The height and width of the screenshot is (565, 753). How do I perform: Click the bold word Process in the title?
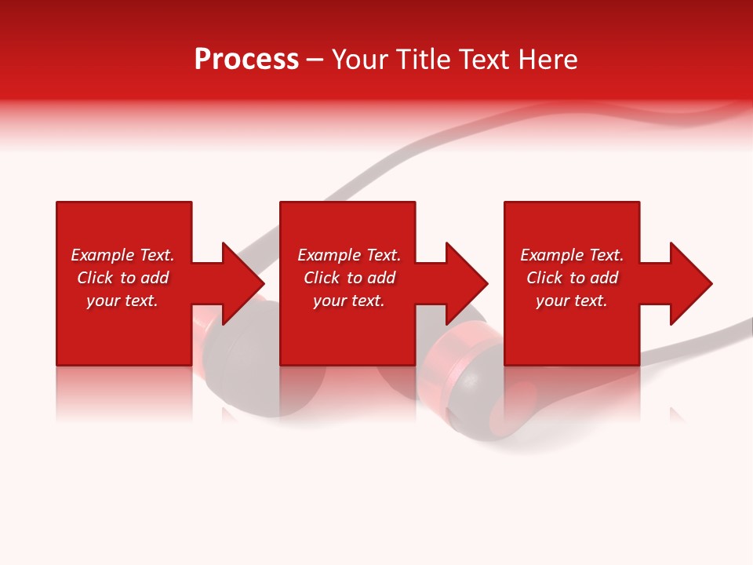pos(246,60)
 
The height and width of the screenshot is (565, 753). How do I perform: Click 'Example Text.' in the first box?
pos(122,255)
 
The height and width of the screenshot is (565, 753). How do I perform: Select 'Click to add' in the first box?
pos(122,278)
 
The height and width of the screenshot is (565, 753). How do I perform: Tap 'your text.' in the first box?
pos(122,301)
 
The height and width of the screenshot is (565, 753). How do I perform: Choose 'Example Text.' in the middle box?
pos(349,255)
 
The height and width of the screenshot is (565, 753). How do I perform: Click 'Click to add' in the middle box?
pos(349,278)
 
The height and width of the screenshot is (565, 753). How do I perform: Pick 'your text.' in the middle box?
pos(349,301)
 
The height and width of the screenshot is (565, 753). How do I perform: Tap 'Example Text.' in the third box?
pos(572,255)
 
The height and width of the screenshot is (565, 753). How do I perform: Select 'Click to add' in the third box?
pos(572,278)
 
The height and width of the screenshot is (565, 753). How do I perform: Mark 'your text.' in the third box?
pos(572,301)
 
